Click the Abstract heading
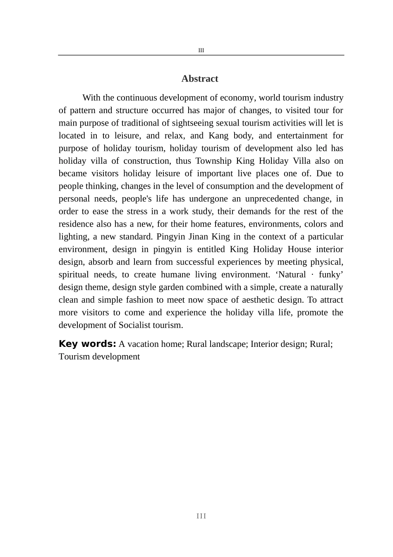[x=199, y=79]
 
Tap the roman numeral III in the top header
[x=201, y=51]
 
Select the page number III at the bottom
[x=201, y=516]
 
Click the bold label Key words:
[x=87, y=344]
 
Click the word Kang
[x=218, y=136]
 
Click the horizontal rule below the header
[x=201, y=55]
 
